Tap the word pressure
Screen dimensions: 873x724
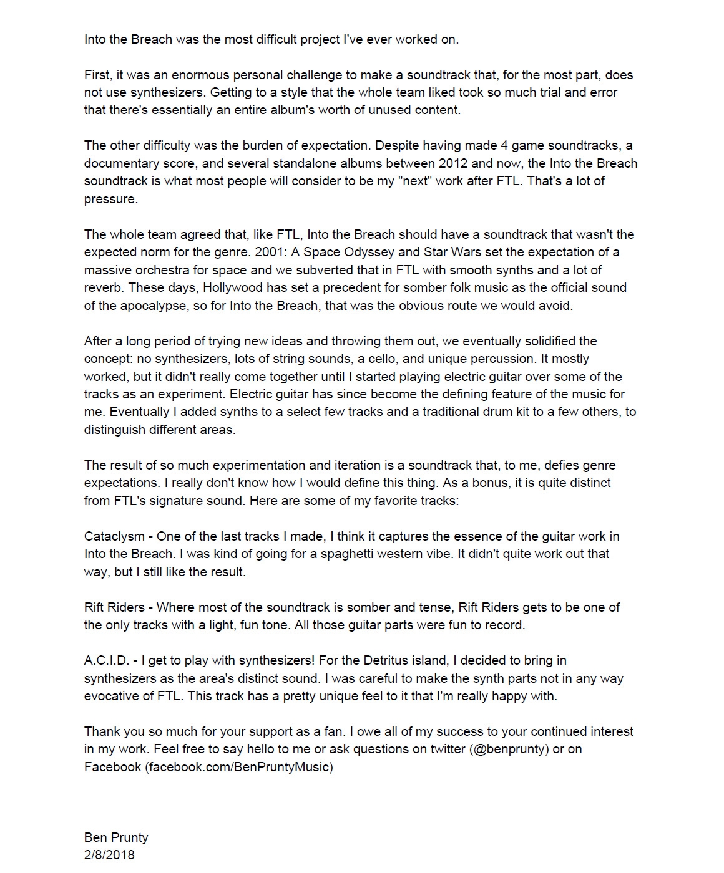click(110, 199)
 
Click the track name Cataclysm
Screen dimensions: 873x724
click(114, 536)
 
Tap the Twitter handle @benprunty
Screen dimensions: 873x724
click(509, 749)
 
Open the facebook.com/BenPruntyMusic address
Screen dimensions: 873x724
click(239, 767)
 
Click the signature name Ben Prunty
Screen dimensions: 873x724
click(116, 837)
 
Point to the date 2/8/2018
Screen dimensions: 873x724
click(109, 855)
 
